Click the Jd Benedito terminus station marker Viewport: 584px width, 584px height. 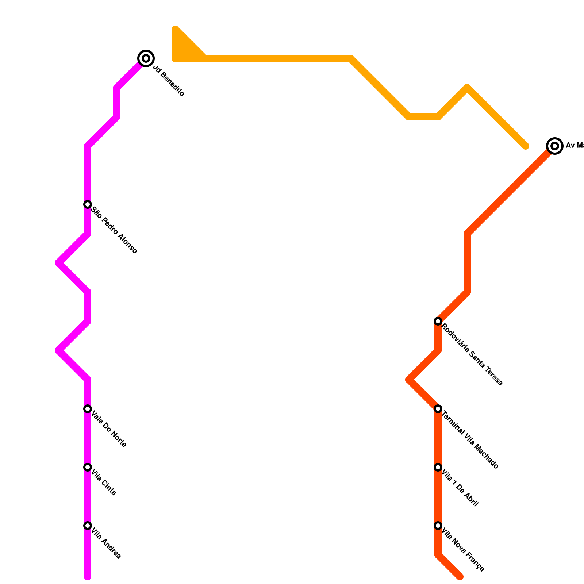[x=146, y=58]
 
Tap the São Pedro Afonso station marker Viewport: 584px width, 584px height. [x=88, y=204]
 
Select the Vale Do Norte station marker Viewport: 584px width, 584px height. [x=88, y=409]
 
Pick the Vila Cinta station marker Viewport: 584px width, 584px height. [x=88, y=467]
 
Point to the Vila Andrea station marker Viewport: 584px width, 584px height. [x=88, y=526]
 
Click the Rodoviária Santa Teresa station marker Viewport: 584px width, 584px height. [x=438, y=321]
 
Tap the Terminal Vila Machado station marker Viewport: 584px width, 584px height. [x=438, y=409]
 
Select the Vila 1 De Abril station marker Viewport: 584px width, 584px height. [x=438, y=467]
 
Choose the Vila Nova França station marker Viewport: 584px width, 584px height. [x=438, y=526]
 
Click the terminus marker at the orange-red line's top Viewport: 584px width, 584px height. [x=555, y=146]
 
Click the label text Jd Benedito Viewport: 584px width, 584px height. [x=168, y=81]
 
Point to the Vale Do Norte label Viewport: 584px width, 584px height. [x=108, y=429]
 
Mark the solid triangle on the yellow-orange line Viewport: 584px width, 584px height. [x=184, y=47]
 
